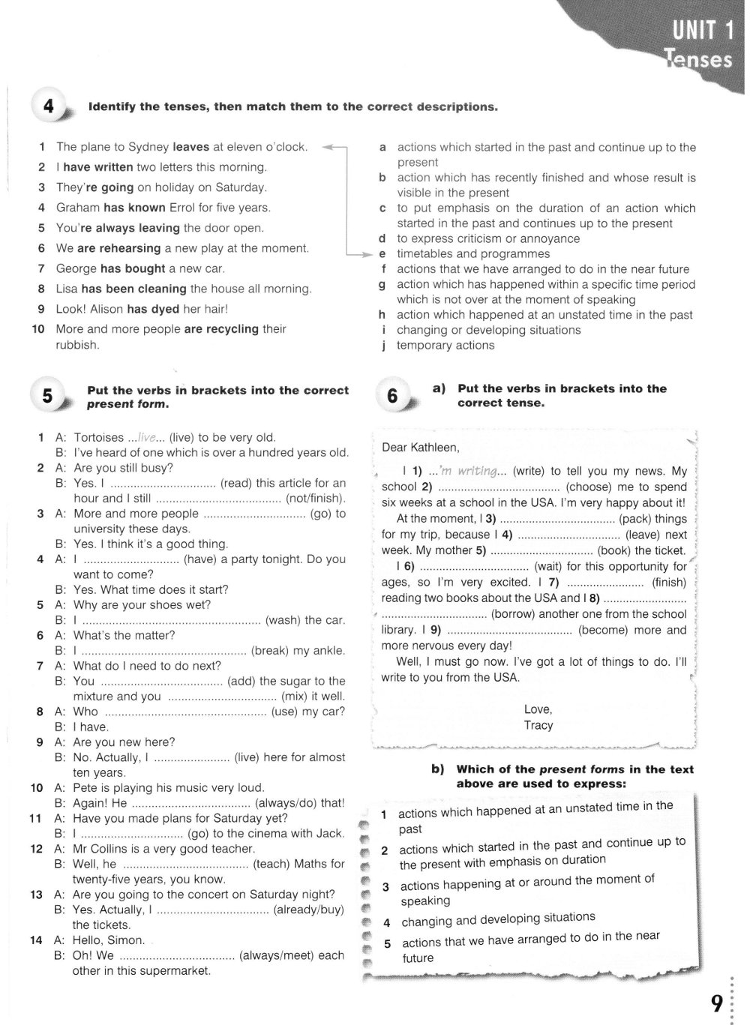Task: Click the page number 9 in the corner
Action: (717, 1003)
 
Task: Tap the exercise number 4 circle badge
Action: (49, 107)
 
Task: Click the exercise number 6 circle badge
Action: (392, 395)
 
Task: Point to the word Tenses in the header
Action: (698, 59)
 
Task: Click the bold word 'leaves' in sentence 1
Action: (191, 147)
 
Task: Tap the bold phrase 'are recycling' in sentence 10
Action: (221, 328)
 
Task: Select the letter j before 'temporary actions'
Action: (384, 345)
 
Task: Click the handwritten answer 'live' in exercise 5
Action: (147, 437)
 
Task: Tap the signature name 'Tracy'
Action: (538, 725)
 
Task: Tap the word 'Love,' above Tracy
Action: (538, 709)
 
